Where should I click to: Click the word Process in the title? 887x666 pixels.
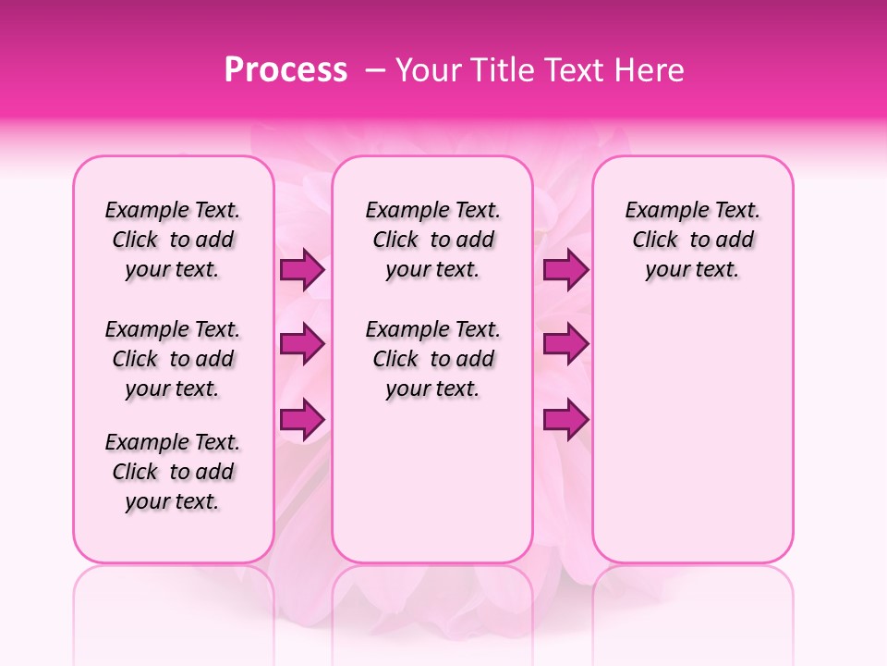coord(286,70)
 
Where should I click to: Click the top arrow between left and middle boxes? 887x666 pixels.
coord(302,270)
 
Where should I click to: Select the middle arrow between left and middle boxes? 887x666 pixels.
coord(302,344)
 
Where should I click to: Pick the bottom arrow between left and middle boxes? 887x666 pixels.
coord(302,419)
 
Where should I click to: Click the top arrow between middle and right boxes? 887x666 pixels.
coord(565,270)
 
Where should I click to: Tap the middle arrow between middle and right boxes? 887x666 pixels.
coord(565,344)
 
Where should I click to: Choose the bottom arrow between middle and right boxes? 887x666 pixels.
coord(565,419)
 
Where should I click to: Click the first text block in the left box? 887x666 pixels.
coord(173,240)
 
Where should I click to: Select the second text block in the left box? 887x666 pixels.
coord(173,359)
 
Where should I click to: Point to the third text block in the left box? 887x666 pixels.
coord(173,472)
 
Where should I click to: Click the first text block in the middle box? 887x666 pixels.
coord(432,240)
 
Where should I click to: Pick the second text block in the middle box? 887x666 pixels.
coord(432,359)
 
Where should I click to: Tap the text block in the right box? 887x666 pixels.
coord(692,240)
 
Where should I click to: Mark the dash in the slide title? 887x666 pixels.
coord(375,70)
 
